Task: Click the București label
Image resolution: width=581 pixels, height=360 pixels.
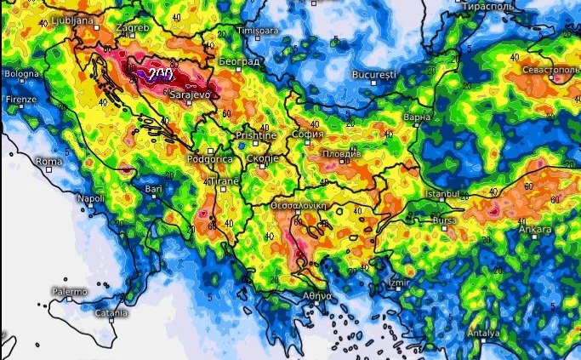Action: (x=374, y=75)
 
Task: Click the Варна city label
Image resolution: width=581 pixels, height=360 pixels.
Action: (x=418, y=117)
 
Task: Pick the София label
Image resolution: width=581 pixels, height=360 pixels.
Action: (x=307, y=134)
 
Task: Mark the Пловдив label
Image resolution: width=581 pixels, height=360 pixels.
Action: (x=342, y=153)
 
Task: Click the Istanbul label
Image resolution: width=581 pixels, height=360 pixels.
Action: (x=442, y=194)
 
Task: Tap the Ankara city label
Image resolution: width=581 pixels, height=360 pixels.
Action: (x=535, y=229)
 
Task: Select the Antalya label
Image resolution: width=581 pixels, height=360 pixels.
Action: (x=483, y=333)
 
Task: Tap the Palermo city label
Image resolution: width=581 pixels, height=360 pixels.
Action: (x=68, y=292)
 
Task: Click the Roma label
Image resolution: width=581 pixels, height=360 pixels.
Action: (x=49, y=161)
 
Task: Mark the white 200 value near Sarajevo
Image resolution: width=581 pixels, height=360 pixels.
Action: (x=159, y=75)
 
